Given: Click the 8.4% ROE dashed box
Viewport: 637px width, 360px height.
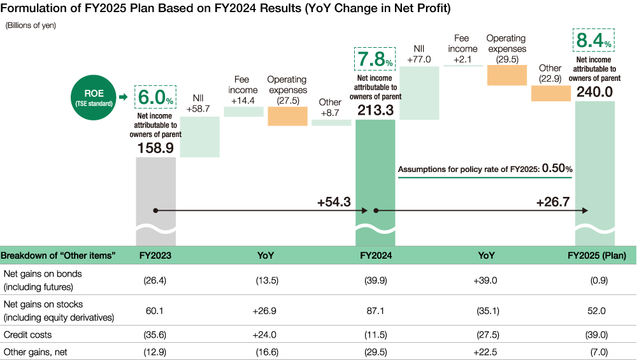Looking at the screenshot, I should click(594, 42).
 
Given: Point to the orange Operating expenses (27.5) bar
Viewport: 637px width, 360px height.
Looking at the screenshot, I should click(287, 116).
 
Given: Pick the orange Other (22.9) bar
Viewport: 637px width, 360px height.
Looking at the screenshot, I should click(550, 93).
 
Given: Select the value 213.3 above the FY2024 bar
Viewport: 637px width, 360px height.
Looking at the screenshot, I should click(375, 110).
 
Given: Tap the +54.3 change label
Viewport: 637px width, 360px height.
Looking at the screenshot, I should click(334, 201).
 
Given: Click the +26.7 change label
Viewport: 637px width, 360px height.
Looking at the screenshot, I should click(552, 201).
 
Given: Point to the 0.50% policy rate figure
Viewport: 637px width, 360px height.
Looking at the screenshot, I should click(557, 169).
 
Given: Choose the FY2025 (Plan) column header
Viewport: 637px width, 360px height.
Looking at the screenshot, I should click(597, 256).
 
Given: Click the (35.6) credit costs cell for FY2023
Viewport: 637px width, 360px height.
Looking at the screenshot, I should click(155, 334).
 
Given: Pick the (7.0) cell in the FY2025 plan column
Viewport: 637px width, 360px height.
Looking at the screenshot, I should click(597, 351).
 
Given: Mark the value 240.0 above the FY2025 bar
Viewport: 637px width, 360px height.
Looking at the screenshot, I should click(594, 92).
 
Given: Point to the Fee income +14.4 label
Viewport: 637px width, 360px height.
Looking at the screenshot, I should click(243, 90).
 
